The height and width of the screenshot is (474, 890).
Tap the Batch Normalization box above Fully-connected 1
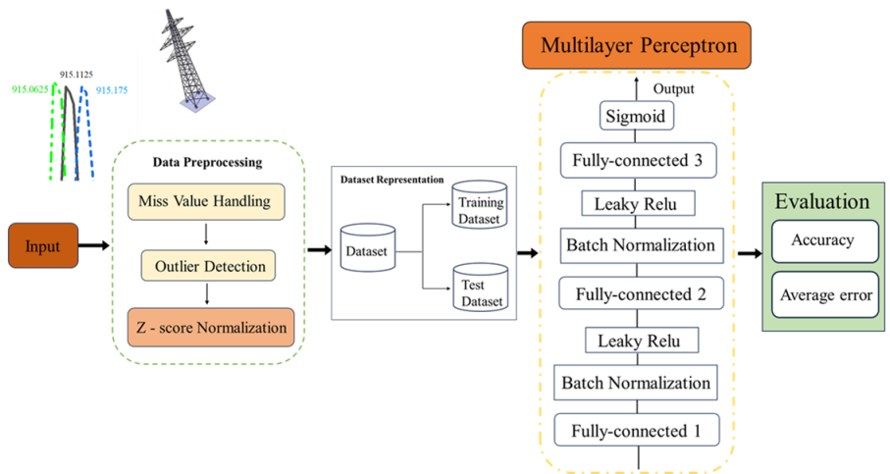click(635, 382)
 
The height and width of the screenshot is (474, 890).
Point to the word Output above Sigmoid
click(674, 89)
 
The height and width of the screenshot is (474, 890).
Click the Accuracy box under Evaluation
click(821, 240)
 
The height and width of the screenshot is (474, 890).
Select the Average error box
click(825, 294)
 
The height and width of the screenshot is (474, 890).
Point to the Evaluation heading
click(822, 202)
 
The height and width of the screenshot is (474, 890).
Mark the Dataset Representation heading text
click(392, 181)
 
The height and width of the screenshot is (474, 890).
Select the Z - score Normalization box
click(211, 327)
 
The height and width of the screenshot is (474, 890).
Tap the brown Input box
click(42, 246)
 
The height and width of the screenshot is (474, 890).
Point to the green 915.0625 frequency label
click(31, 89)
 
